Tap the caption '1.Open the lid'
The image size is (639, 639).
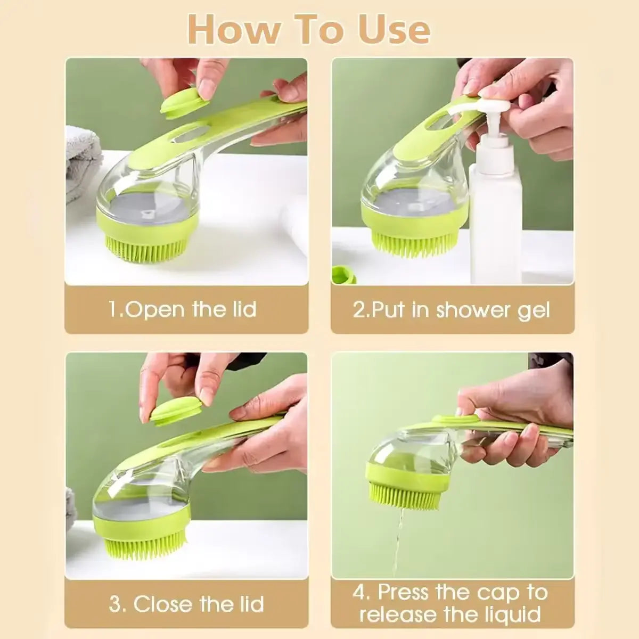[x=183, y=309]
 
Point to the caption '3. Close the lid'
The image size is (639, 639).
[x=186, y=604]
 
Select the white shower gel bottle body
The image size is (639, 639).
[x=495, y=213]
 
